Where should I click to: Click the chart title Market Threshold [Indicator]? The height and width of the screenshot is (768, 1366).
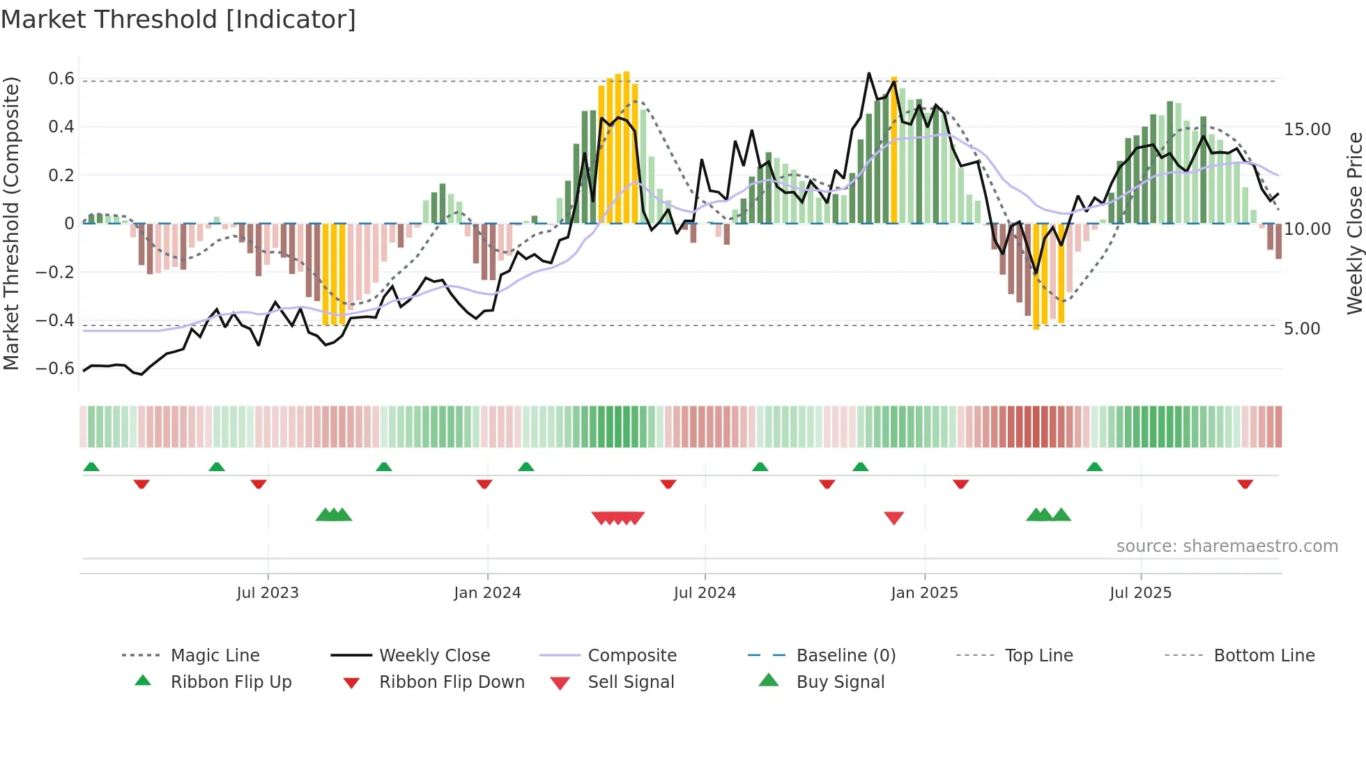(x=178, y=20)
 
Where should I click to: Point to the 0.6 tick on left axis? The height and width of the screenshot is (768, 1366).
(x=61, y=79)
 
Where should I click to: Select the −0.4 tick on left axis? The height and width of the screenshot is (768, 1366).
(x=55, y=321)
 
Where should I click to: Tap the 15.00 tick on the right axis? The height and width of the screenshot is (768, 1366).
(x=1307, y=130)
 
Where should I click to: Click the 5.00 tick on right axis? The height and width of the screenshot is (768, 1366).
(x=1302, y=329)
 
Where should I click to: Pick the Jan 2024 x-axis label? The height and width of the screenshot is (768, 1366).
(x=487, y=593)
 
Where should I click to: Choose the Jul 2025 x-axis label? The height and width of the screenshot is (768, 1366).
(x=1140, y=593)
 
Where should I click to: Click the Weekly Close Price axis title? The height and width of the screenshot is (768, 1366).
(x=1354, y=223)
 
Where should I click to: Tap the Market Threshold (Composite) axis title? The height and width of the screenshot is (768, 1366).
(x=11, y=223)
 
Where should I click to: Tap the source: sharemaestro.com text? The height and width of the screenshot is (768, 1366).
(x=1227, y=546)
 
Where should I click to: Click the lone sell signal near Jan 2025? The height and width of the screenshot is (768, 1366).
(x=893, y=518)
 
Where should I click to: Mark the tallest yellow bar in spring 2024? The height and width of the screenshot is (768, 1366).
(x=627, y=146)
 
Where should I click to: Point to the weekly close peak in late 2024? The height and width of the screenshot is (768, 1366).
(x=868, y=73)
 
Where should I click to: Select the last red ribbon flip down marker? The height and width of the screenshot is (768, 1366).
(x=1245, y=484)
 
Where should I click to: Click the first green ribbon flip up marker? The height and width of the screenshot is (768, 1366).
(x=91, y=467)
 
